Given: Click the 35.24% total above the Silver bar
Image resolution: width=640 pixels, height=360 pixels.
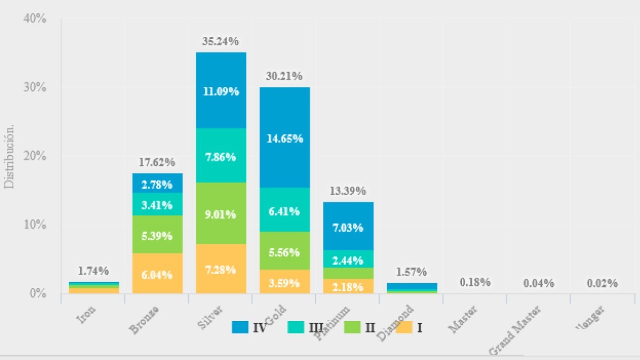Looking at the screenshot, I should (x=221, y=41).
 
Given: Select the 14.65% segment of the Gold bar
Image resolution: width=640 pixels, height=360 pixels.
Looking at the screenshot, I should (x=285, y=138).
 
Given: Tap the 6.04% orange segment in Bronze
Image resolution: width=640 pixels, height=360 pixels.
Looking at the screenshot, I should (x=157, y=275).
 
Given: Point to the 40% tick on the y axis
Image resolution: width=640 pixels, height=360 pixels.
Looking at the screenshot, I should (x=36, y=19).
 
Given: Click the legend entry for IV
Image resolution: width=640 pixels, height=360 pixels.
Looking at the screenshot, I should (x=250, y=327).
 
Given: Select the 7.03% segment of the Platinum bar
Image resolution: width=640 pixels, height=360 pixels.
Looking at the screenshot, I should (x=348, y=228).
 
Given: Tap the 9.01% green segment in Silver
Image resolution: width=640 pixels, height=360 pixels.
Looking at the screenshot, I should (x=221, y=214).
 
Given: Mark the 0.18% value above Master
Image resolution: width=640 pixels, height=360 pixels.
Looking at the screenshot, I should (x=476, y=282).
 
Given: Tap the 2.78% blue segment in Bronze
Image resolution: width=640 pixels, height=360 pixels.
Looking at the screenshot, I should (x=157, y=185).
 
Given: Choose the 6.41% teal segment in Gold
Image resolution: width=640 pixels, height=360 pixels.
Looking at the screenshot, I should (x=285, y=211).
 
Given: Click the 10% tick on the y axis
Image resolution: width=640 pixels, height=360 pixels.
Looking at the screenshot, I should (x=36, y=225).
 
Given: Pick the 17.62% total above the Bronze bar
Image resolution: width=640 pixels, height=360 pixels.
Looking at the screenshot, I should (x=157, y=162).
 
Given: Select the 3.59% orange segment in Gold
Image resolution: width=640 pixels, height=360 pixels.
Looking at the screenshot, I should (x=285, y=282).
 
